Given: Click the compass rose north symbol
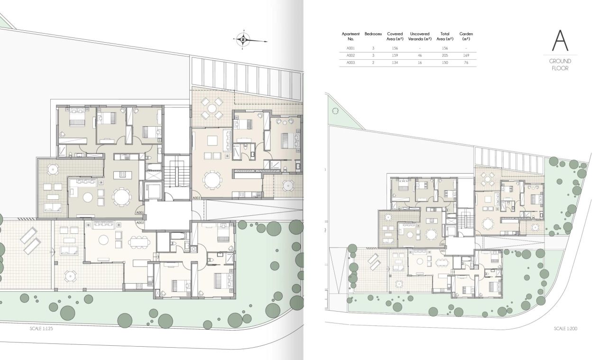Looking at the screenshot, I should coord(243,40).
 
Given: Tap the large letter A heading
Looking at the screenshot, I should coord(560,41).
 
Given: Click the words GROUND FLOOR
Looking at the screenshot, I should coord(560,65).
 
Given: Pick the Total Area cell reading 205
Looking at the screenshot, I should coord(445,55).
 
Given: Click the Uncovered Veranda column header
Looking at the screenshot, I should coord(420,36).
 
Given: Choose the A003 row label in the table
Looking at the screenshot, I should coord(350,63).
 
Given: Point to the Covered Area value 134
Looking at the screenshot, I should coord(395,63).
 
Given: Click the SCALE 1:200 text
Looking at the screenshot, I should coord(565,328).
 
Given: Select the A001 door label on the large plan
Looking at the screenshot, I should coord(140,213).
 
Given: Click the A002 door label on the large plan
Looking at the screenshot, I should coord(140,222).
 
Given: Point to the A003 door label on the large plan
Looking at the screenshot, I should coord(197,198).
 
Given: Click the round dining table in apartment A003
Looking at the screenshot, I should coord(212,180).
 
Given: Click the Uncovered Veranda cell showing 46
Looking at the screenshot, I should coord(420,55).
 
